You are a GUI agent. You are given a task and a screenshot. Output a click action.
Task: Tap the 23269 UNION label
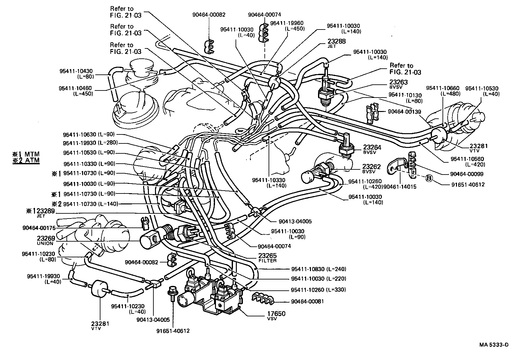pyautogui.click(x=45, y=240)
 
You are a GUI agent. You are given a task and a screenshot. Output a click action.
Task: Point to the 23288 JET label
pyautogui.click(x=336, y=43)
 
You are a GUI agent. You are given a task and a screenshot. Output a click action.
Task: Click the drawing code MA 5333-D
pyautogui.click(x=494, y=345)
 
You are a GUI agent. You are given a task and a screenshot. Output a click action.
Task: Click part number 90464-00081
pyautogui.click(x=307, y=301)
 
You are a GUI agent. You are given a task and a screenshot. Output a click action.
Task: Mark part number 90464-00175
pyautogui.click(x=39, y=228)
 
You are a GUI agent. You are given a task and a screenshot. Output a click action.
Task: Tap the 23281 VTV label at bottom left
pyautogui.click(x=100, y=325)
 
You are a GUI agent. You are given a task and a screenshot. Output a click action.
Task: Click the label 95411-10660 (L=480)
pyautogui.click(x=443, y=91)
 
